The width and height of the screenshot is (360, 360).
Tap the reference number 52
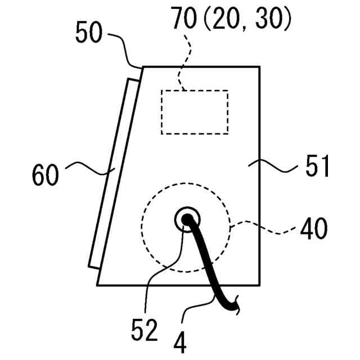point(145,331)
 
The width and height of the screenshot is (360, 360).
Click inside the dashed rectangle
point(195,112)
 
